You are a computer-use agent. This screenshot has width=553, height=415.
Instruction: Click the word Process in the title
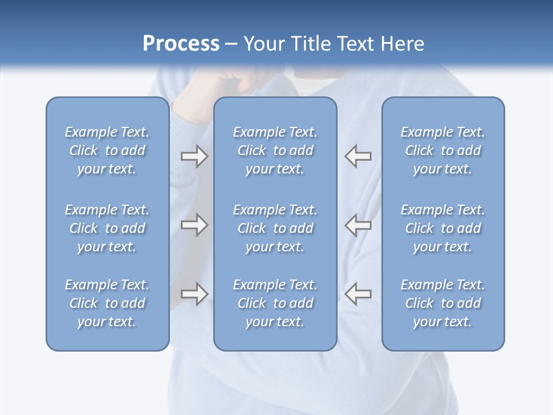point(181,44)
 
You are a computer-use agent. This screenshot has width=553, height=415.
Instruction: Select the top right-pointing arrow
point(194,156)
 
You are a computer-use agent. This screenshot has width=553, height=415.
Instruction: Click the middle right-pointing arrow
point(194,225)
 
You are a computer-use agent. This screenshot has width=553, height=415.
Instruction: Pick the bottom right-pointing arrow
point(194,294)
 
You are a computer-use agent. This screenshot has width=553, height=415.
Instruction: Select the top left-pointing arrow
point(358,156)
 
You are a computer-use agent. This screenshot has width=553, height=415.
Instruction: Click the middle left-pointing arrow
point(358,225)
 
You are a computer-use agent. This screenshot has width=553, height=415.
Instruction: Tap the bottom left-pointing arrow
point(358,294)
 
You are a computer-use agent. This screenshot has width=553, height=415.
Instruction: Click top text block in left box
point(107,150)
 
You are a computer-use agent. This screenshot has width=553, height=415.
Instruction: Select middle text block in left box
point(107,228)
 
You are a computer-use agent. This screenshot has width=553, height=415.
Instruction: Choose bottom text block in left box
point(107,303)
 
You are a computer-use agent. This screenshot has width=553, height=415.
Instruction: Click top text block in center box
point(275,150)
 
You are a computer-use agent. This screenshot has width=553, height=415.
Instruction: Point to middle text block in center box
point(275,228)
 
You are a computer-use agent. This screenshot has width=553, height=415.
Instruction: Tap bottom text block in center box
point(275,303)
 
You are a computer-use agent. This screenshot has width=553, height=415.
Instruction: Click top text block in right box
point(443,150)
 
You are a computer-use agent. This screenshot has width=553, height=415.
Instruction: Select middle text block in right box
point(443,228)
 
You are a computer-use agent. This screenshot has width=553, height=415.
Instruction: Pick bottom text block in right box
point(443,303)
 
